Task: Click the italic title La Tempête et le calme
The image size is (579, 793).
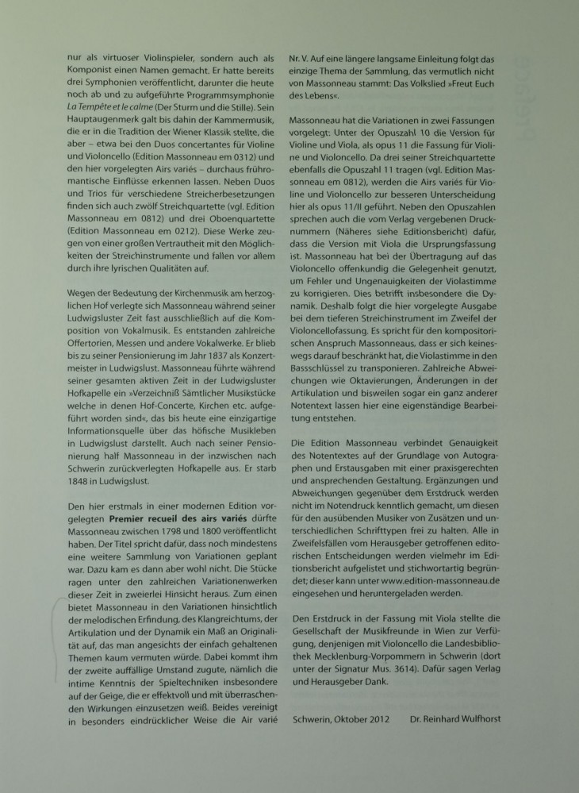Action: [104, 105]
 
